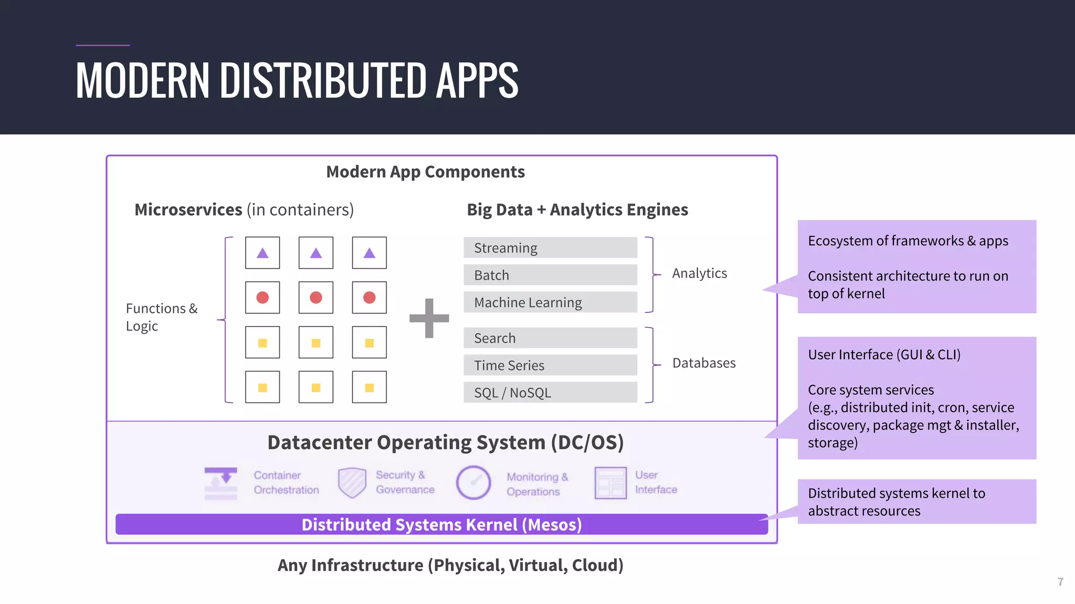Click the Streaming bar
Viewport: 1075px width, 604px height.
(x=550, y=247)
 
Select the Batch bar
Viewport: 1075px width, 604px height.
(x=550, y=275)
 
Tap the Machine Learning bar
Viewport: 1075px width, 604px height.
(x=550, y=302)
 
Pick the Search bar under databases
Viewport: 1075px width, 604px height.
(x=550, y=338)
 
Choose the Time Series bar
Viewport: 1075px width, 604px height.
(x=550, y=365)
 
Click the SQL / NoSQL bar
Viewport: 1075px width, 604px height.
(x=550, y=392)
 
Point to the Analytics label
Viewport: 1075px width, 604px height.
(x=699, y=273)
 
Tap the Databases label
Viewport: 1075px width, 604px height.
(x=703, y=363)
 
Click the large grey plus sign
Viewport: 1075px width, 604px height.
(x=429, y=318)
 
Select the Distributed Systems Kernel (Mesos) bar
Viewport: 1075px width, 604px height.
(x=441, y=524)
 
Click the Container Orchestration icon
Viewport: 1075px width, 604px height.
(x=220, y=483)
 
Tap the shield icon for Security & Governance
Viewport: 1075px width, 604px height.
(x=352, y=482)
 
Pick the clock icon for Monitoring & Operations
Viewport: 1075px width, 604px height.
(x=473, y=482)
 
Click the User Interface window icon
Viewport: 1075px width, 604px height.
(x=610, y=482)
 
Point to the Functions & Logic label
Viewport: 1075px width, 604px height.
(x=161, y=317)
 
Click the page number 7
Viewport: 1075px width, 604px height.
(x=1060, y=582)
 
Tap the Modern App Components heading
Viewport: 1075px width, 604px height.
(x=425, y=172)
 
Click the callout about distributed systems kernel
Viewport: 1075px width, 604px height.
(x=916, y=501)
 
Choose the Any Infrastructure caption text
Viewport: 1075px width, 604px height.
(x=450, y=565)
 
